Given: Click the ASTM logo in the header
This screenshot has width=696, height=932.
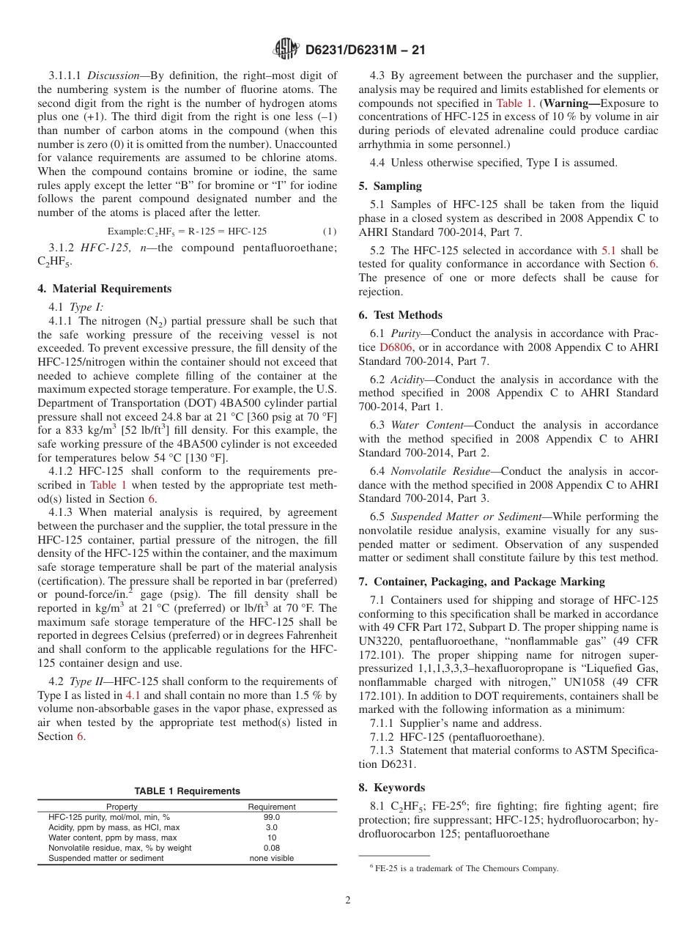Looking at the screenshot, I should coord(285,49).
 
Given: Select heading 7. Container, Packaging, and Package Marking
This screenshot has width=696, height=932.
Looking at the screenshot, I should coord(482,582).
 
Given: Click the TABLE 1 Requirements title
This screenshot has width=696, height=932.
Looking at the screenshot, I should coord(187,791).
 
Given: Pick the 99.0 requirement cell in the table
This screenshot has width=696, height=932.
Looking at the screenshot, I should coord(271,817).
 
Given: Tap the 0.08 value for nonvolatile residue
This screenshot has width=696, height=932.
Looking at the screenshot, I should coord(271,848).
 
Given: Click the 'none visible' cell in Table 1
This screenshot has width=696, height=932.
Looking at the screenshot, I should coord(271,858).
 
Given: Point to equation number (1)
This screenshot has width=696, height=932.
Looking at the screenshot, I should coord(329,231).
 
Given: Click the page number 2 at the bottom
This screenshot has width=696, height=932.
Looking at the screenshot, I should coord(348,900).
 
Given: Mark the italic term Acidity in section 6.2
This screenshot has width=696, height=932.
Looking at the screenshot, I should coord(407,380).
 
